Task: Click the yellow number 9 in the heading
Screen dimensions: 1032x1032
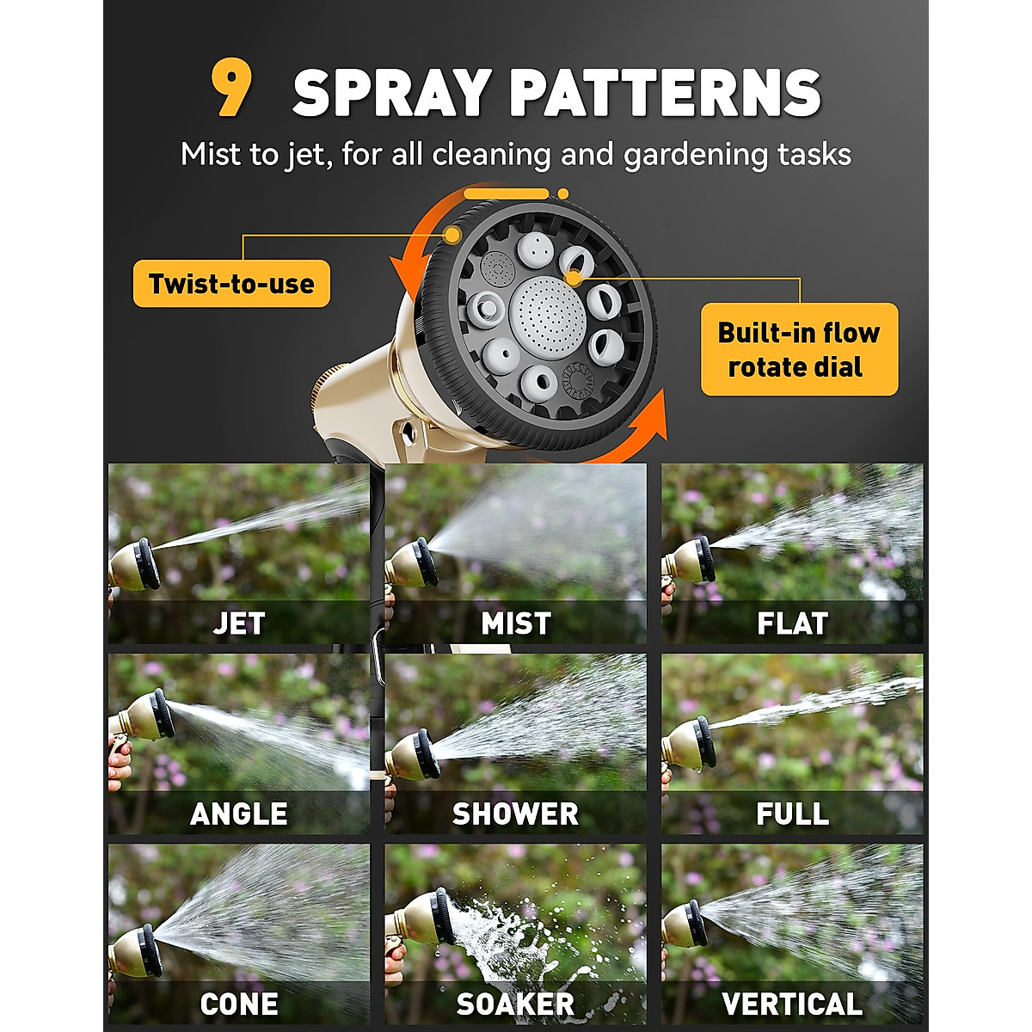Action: [x=231, y=89]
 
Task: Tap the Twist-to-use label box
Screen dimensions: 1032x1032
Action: [x=231, y=284]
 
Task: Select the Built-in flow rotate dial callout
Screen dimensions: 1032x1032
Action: [x=799, y=349]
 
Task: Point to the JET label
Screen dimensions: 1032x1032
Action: [x=238, y=623]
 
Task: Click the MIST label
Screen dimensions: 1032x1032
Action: [x=515, y=623]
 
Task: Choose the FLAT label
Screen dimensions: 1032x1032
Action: [x=792, y=623]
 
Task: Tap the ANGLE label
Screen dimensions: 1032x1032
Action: [x=238, y=814]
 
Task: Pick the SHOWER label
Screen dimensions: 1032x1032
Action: [x=515, y=814]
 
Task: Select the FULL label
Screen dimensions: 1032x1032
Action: [x=792, y=814]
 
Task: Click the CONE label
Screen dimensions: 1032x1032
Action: [x=238, y=1004]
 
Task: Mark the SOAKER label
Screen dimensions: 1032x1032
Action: [x=515, y=1004]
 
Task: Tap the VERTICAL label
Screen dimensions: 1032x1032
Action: [x=792, y=1004]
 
